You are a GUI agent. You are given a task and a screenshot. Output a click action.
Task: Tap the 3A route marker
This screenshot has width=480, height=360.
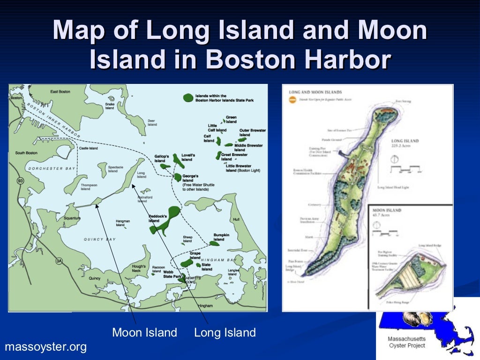point(59,261)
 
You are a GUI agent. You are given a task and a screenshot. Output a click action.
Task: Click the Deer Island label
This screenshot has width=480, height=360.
point(152,123)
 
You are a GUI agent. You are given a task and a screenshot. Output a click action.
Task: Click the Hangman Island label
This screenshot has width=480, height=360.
point(123,223)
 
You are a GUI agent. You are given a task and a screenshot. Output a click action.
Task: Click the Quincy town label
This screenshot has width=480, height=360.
point(95,278)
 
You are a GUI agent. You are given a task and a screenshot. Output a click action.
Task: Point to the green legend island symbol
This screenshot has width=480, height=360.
point(187,98)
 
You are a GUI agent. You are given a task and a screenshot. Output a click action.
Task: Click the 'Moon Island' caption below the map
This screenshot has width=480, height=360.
point(144,333)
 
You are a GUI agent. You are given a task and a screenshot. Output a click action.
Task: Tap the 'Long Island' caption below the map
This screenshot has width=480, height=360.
point(225,333)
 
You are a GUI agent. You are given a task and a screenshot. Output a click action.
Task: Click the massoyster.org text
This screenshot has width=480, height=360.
point(45,347)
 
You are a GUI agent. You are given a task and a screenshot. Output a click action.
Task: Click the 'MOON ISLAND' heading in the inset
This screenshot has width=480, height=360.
point(387,210)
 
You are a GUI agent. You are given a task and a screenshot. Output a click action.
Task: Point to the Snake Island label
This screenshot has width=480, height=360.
point(110,106)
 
